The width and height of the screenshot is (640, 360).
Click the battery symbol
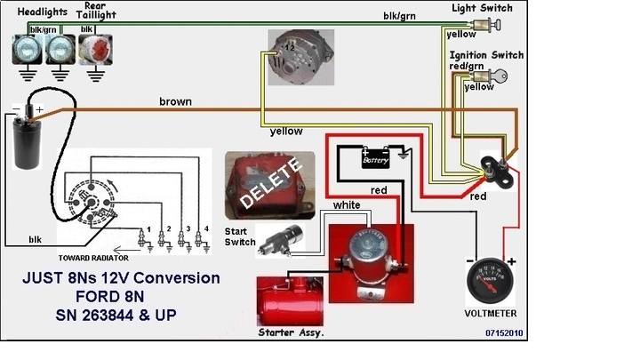click(375, 157)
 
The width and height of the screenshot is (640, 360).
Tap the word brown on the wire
click(175, 101)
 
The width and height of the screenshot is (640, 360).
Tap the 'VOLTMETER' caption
click(491, 314)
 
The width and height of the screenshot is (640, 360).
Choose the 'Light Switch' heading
click(481, 7)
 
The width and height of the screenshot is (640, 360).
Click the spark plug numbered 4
click(205, 238)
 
